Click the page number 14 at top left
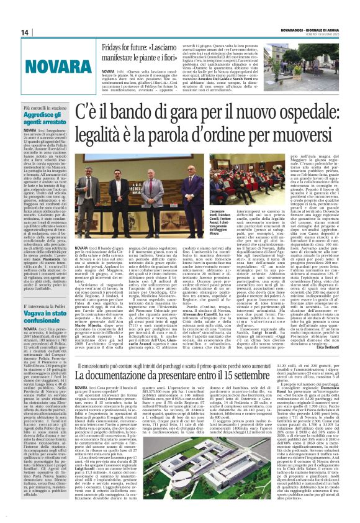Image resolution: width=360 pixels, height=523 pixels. click(9, 32)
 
